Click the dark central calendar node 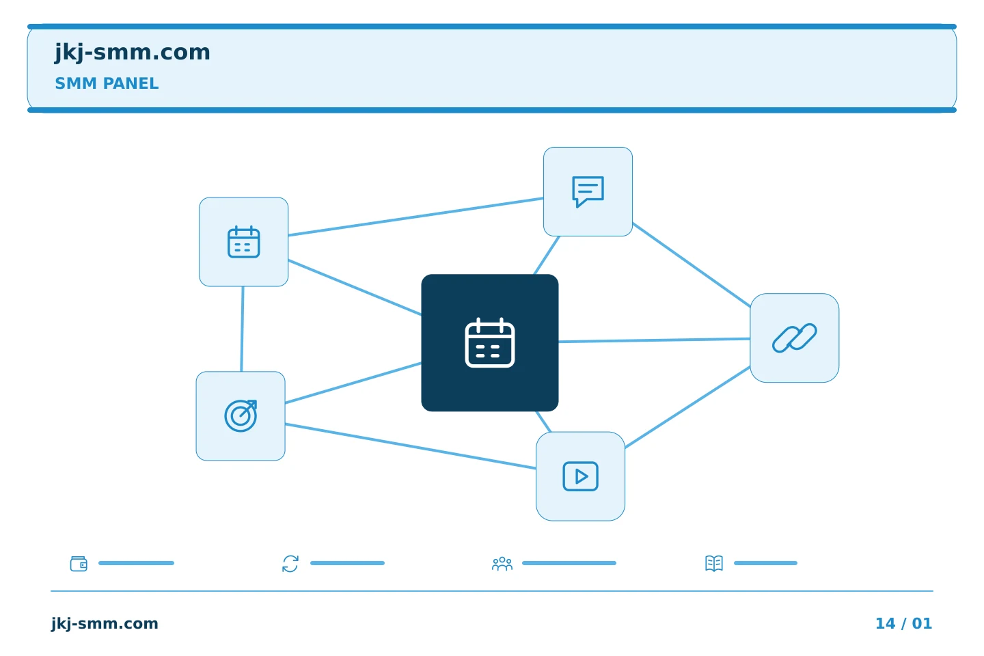pyautogui.click(x=490, y=343)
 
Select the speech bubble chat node pyautogui.click(x=588, y=191)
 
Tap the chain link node pyautogui.click(x=795, y=338)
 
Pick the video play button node pyautogui.click(x=580, y=476)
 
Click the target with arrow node pyautogui.click(x=241, y=416)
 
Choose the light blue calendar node pyautogui.click(x=244, y=242)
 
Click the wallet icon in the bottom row pyautogui.click(x=79, y=563)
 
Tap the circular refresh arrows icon pyautogui.click(x=290, y=563)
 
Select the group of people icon pyautogui.click(x=502, y=563)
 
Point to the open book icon pyautogui.click(x=714, y=563)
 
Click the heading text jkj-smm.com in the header pyautogui.click(x=133, y=53)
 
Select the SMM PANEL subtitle pyautogui.click(x=107, y=83)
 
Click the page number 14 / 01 pyautogui.click(x=903, y=623)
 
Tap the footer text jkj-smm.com pyautogui.click(x=105, y=623)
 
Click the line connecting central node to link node pyautogui.click(x=655, y=340)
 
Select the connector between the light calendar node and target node pyautogui.click(x=242, y=329)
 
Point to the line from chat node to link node pyautogui.click(x=692, y=265)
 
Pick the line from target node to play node pyautogui.click(x=410, y=446)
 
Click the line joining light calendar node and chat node pyautogui.click(x=415, y=217)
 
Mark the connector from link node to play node pyautogui.click(x=687, y=407)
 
